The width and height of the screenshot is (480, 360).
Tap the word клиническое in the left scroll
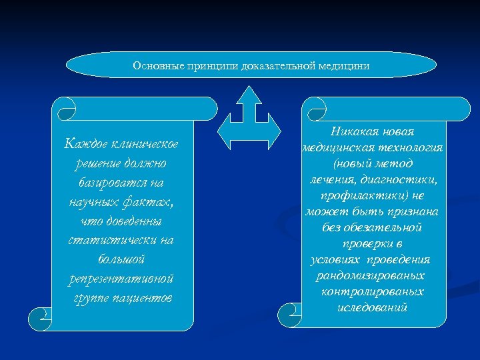coord(151,143)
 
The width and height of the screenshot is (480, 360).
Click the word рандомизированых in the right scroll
coord(371,276)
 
